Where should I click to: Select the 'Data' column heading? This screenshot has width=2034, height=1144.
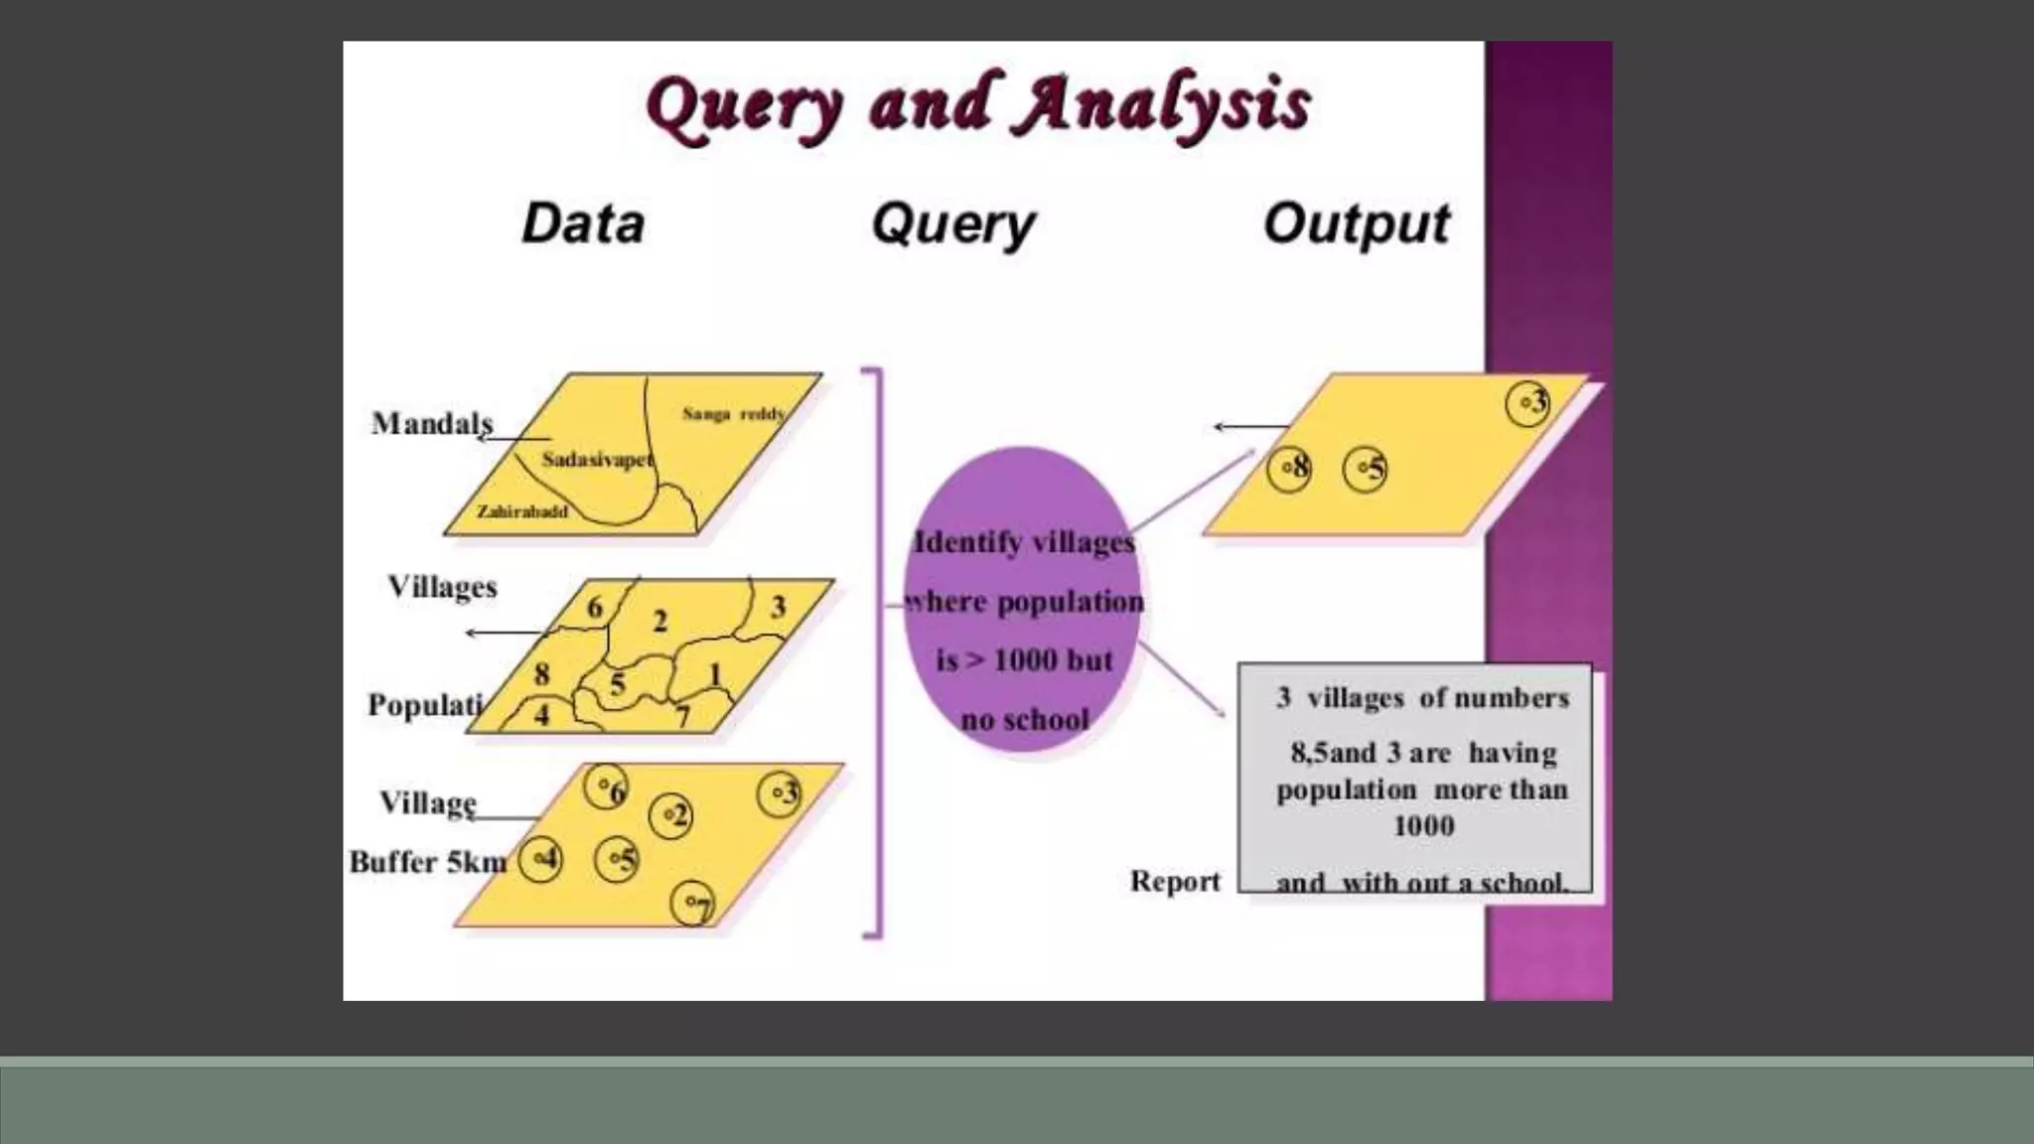(583, 223)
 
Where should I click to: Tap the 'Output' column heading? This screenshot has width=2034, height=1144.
(1356, 223)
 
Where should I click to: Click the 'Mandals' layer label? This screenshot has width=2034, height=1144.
(432, 424)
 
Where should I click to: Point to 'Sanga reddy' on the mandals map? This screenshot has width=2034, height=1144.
(733, 413)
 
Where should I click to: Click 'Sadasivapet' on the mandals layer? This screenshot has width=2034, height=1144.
(597, 460)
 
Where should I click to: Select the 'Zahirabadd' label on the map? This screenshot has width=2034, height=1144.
(522, 511)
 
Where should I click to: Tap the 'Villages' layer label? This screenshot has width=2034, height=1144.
(442, 587)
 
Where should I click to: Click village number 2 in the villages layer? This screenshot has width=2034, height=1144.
(659, 622)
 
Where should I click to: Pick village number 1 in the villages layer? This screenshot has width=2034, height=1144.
(714, 674)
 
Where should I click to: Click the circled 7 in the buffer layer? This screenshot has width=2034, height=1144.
(693, 904)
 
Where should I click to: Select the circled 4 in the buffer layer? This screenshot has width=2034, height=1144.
(541, 859)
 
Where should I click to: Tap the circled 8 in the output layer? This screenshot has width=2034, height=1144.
(1289, 469)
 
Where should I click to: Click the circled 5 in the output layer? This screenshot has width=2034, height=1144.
(1365, 469)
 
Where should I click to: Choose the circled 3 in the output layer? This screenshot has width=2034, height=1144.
(1527, 403)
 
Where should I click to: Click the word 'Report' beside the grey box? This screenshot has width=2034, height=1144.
(1175, 881)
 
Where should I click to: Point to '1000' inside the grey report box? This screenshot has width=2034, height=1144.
(1423, 825)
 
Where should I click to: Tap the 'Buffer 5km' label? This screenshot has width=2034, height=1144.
(428, 862)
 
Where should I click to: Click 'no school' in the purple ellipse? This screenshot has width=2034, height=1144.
(1025, 719)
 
